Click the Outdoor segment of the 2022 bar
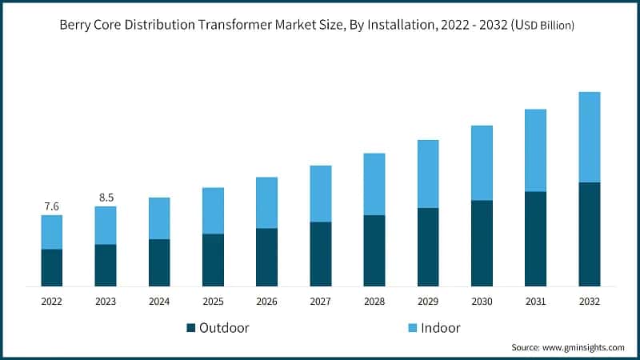[x=52, y=267]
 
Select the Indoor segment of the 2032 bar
[x=589, y=137]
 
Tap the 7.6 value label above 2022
[x=52, y=206]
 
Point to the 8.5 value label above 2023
[x=106, y=197]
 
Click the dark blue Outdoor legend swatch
[x=190, y=328]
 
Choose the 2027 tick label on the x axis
[x=320, y=301]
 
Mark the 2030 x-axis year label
[x=482, y=301]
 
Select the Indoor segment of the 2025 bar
[x=213, y=210]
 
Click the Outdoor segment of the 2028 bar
[x=374, y=250]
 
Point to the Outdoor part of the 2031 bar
[x=535, y=238]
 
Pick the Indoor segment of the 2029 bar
[x=428, y=174]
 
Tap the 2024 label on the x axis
[x=159, y=301]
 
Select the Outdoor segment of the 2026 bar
[x=266, y=257]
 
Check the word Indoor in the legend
[x=440, y=328]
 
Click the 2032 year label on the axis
[x=589, y=301]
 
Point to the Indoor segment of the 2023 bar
[x=106, y=225]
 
